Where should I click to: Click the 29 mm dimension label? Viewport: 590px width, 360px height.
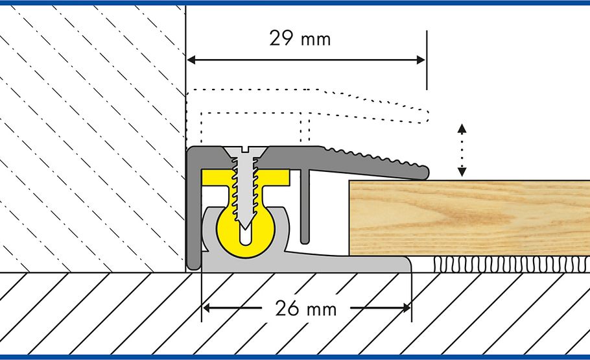(300, 39)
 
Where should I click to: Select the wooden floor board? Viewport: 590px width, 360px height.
(467, 217)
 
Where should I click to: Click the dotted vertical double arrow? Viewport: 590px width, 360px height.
(461, 150)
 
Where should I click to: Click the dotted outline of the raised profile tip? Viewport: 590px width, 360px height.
(421, 115)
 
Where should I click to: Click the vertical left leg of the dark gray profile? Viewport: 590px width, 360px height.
(193, 214)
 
